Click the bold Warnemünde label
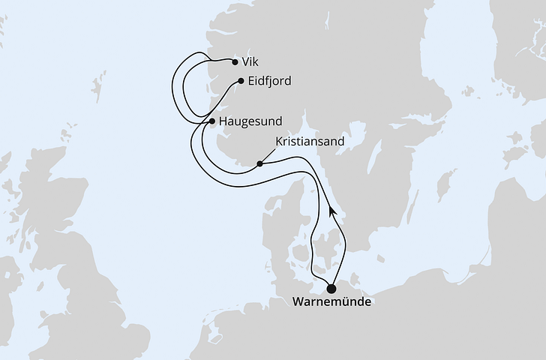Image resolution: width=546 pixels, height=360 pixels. [331, 303]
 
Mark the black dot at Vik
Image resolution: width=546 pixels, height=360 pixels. [235, 63]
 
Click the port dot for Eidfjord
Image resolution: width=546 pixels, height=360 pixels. [240, 81]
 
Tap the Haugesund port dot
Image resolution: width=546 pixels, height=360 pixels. [212, 121]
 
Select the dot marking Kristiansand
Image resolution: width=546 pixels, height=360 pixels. [259, 163]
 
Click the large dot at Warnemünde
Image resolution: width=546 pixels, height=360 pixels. [331, 286]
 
